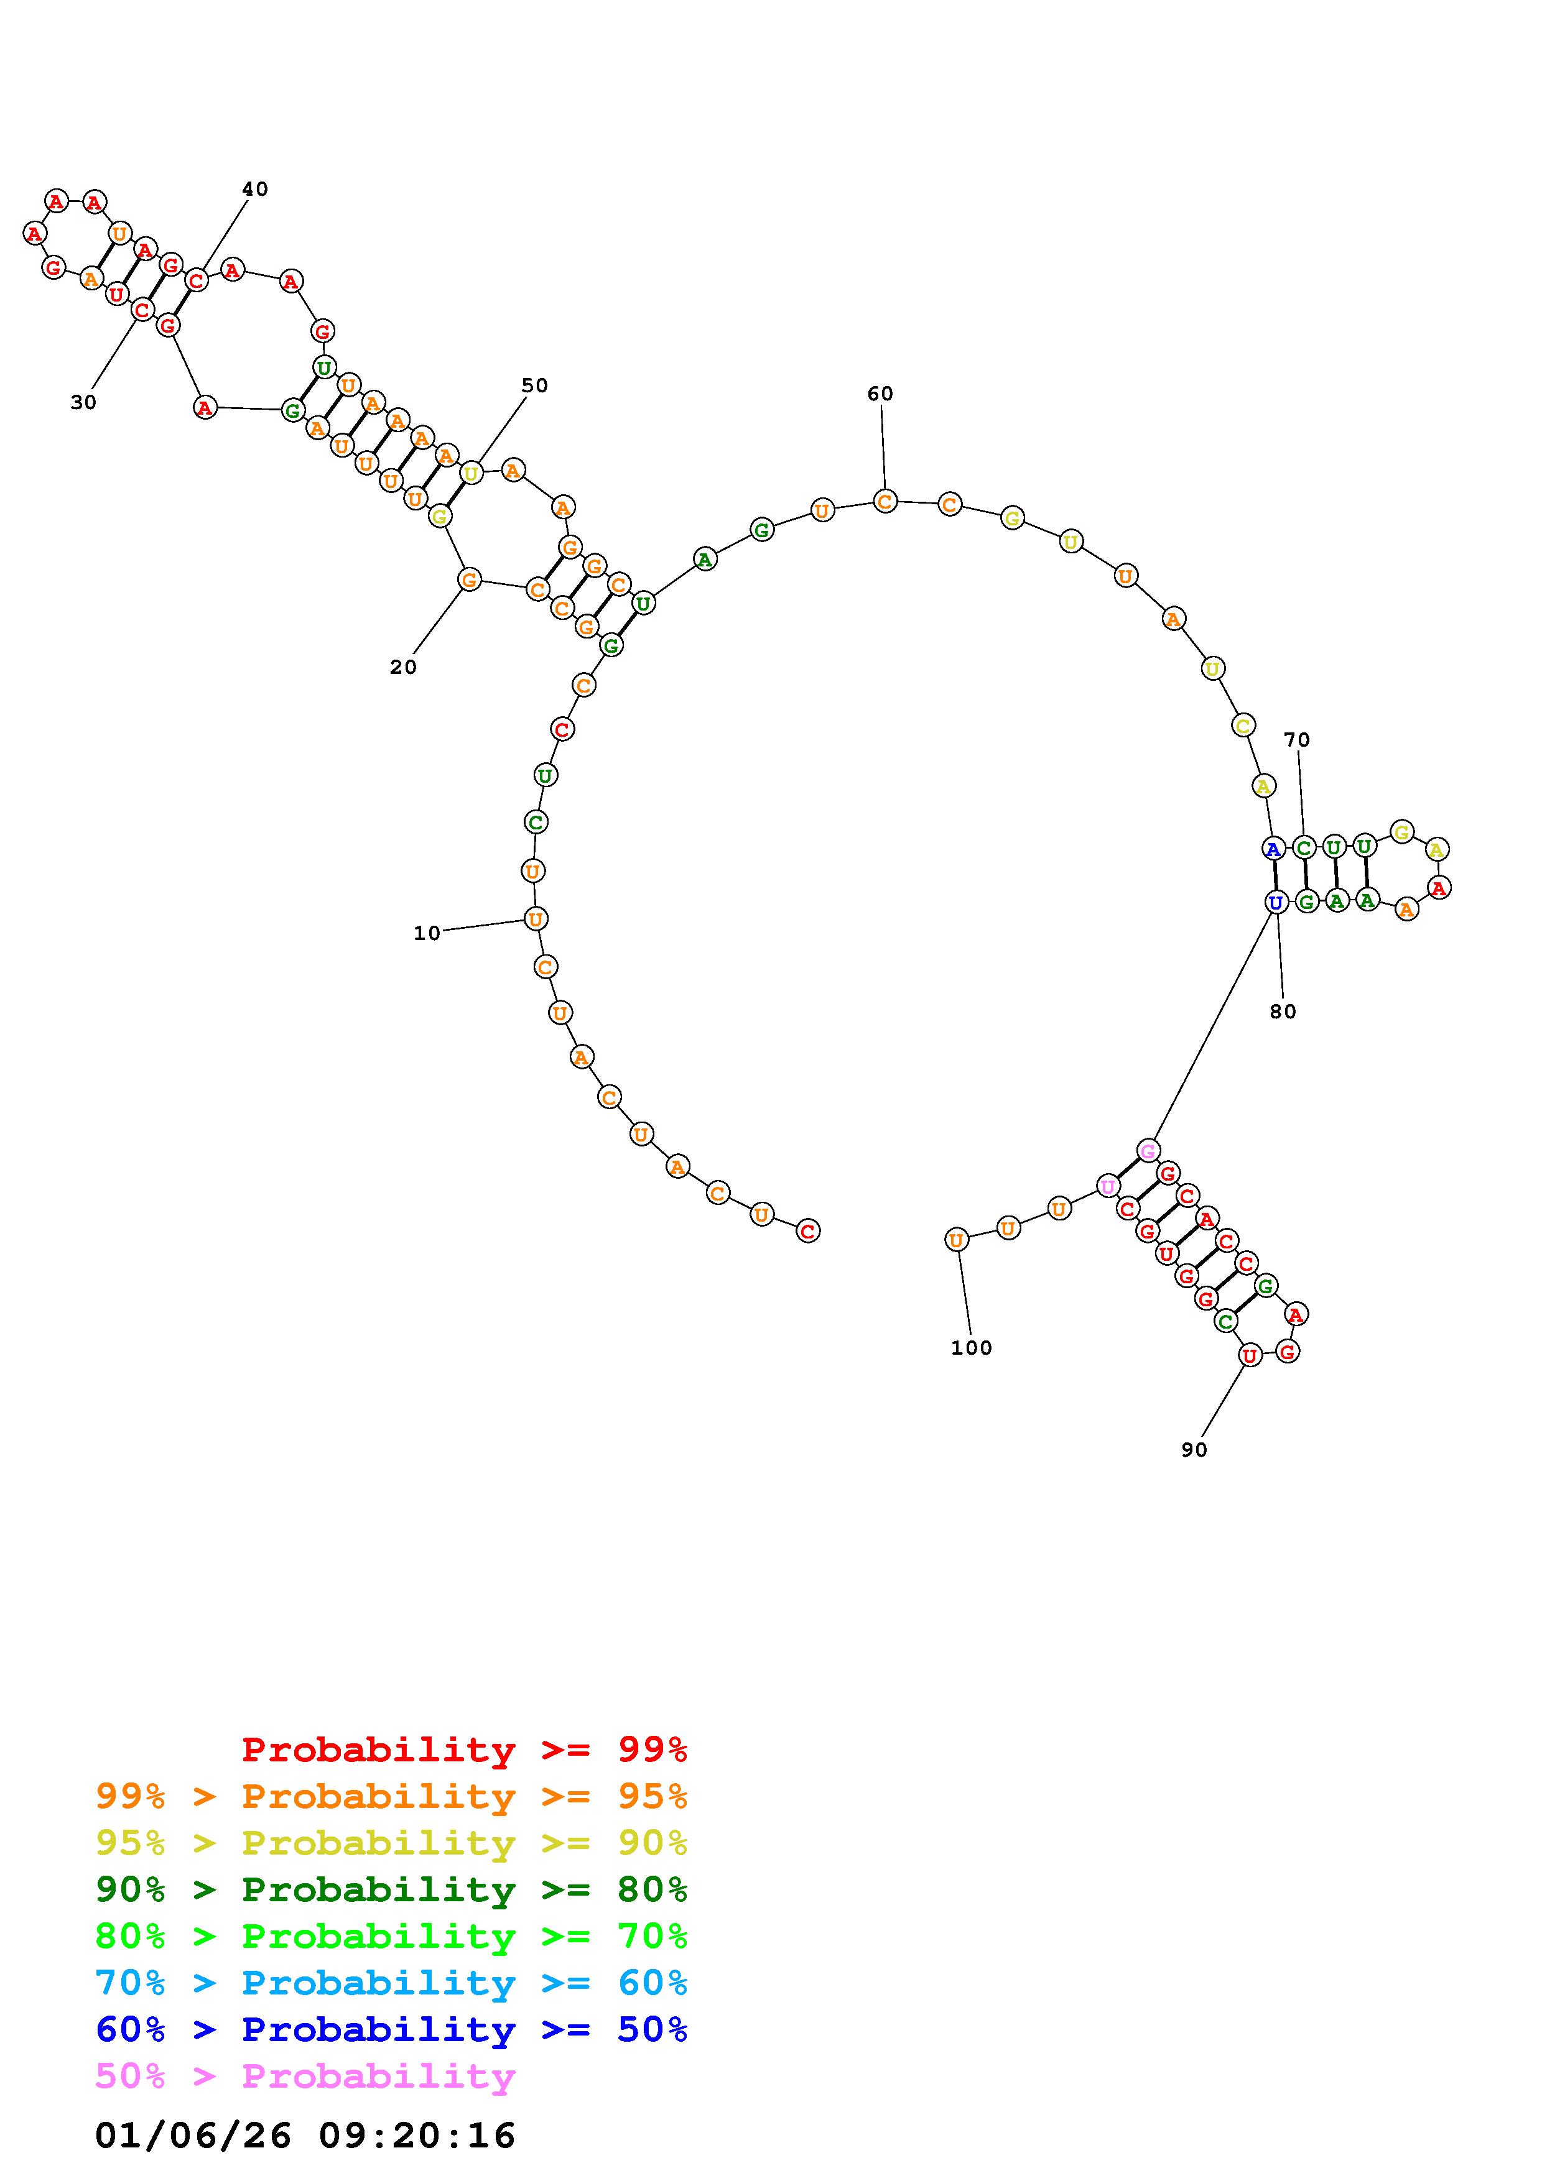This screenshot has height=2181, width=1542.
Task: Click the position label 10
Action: pos(427,934)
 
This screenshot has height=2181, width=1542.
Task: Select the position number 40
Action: pos(254,189)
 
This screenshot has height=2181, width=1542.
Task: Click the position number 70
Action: pos(1297,739)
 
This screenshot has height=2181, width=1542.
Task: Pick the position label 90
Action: pos(1194,1450)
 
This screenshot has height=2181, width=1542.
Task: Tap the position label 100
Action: pos(971,1348)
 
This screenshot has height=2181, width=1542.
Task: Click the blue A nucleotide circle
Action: pos(1274,848)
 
